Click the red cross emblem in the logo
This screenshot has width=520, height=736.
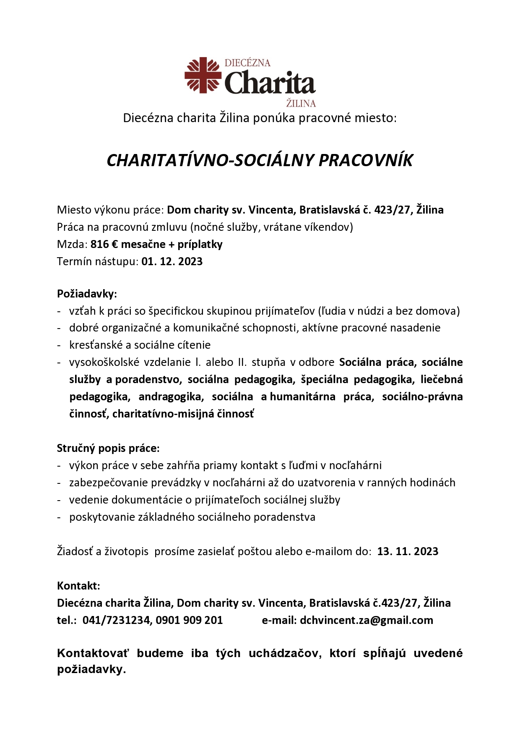[203, 75]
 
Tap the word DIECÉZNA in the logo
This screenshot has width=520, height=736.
[247, 63]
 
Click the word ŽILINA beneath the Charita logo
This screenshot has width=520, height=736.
[301, 103]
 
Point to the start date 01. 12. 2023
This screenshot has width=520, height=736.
[172, 261]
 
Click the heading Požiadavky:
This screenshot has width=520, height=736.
[87, 294]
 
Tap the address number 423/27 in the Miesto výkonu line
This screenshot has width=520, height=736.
[392, 210]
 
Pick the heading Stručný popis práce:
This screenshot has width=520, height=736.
[108, 448]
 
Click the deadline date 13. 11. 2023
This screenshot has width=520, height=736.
[408, 551]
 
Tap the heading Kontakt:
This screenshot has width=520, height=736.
[78, 586]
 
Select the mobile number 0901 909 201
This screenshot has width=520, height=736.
[189, 620]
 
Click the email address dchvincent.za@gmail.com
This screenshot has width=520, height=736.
[366, 620]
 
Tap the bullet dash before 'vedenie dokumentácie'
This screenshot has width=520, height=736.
[59, 500]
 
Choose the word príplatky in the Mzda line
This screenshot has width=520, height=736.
[200, 244]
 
